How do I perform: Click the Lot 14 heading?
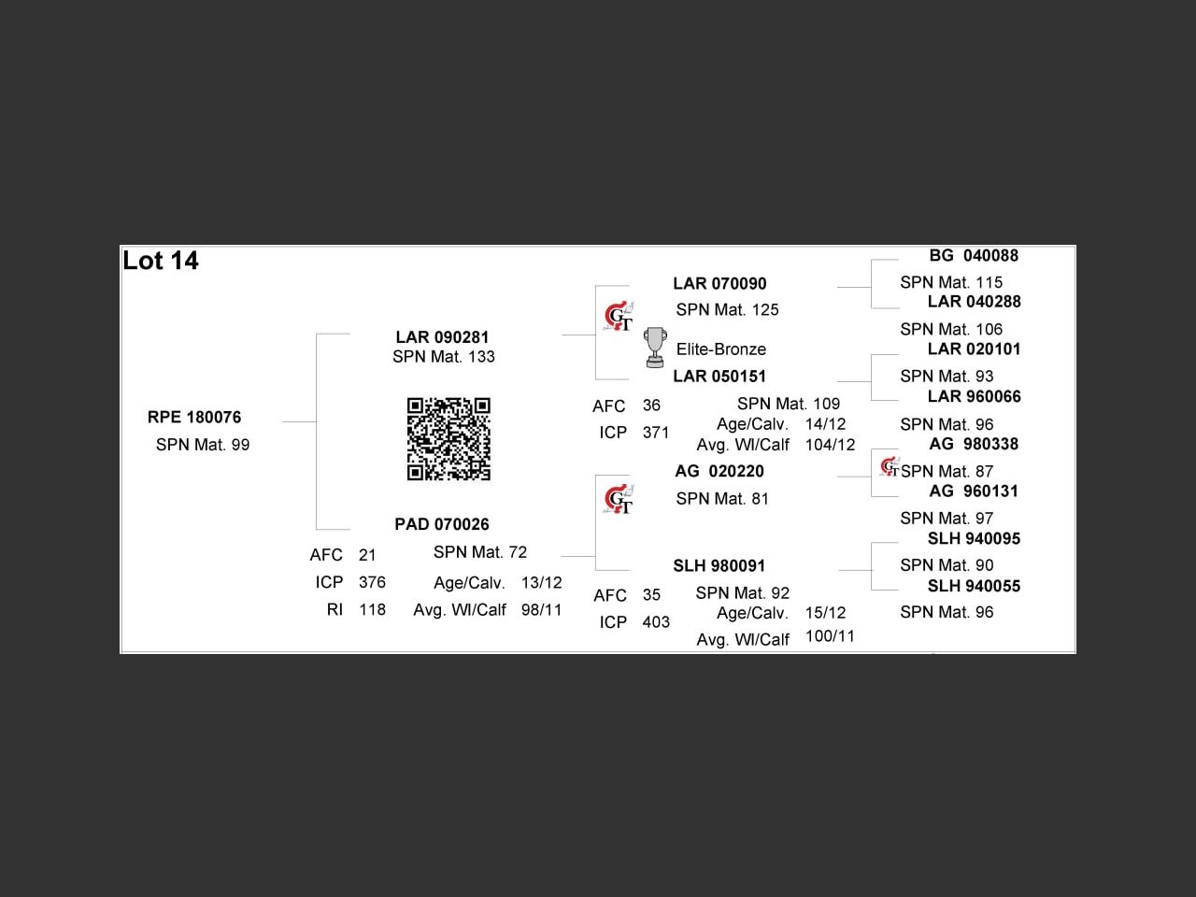(x=160, y=261)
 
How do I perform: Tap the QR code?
(x=448, y=439)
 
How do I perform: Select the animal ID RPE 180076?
(x=194, y=417)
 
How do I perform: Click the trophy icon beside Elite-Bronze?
(x=655, y=348)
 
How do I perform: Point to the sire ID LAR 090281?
(x=442, y=337)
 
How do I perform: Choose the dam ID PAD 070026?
(x=442, y=524)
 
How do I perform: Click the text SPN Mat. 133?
(x=444, y=357)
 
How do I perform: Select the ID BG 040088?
(x=974, y=255)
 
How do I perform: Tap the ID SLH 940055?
(x=974, y=586)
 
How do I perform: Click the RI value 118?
(x=372, y=609)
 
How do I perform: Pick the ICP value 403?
(x=656, y=622)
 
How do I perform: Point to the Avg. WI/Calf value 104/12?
(x=830, y=445)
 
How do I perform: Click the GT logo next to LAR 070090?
(x=619, y=316)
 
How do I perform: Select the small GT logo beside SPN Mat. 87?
(x=890, y=467)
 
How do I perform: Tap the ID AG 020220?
(x=719, y=471)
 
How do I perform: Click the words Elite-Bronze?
(x=720, y=349)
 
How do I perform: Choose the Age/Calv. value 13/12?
(x=541, y=583)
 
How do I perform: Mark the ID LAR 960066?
(x=974, y=396)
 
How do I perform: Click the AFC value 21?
(x=367, y=555)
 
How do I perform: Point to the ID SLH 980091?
(x=719, y=566)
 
